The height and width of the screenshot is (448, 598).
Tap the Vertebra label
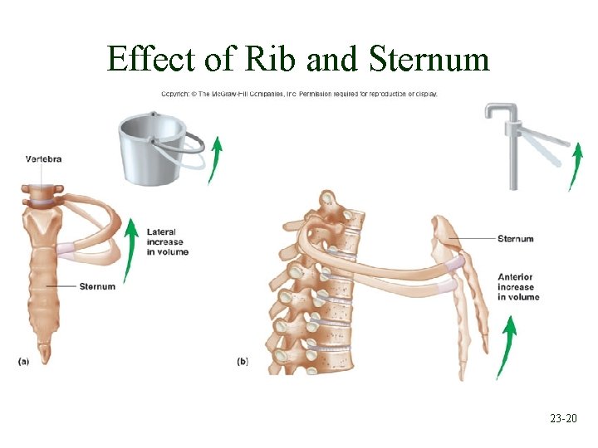pyautogui.click(x=43, y=158)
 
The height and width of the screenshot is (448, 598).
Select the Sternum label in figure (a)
pyautogui.click(x=97, y=286)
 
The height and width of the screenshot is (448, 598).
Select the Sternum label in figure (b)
pyautogui.click(x=515, y=239)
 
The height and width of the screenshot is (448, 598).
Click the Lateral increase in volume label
pyautogui.click(x=168, y=241)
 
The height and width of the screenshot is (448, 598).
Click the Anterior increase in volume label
pyautogui.click(x=518, y=286)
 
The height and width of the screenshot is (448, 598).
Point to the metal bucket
pyautogui.click(x=153, y=149)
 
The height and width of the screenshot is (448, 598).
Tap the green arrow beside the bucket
pyautogui.click(x=215, y=160)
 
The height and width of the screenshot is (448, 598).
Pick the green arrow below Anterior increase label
pyautogui.click(x=507, y=348)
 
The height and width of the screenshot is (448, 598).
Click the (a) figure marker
pyautogui.click(x=25, y=361)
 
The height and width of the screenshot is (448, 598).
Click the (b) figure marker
pyautogui.click(x=243, y=361)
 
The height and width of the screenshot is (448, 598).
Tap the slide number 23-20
pyautogui.click(x=563, y=421)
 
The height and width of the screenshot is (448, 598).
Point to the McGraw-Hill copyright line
pyautogui.click(x=298, y=93)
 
